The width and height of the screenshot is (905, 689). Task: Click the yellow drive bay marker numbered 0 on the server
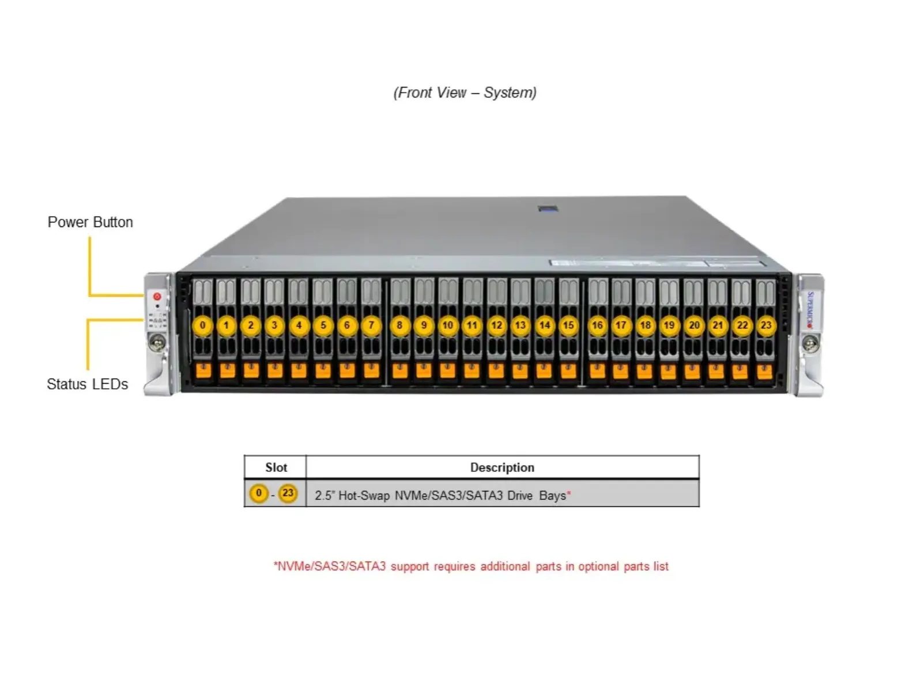202,325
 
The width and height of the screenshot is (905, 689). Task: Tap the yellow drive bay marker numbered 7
371,325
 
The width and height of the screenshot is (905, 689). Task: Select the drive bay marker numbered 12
496,325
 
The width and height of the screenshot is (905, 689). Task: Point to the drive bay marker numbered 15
568,325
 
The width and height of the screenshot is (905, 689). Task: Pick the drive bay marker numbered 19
669,325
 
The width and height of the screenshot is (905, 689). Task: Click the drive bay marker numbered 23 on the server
766,325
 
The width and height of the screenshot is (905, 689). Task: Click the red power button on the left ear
157,296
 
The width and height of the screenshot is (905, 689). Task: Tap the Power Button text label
90,222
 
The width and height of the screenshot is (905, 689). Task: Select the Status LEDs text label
88,384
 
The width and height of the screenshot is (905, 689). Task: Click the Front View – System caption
465,93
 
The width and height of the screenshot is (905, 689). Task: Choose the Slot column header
276,467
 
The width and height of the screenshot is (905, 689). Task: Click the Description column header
502,467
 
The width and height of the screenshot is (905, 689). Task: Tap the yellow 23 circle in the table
288,493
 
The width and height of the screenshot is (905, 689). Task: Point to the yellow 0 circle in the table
258,493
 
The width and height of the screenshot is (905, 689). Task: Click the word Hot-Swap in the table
364,495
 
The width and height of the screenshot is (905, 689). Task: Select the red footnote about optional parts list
471,566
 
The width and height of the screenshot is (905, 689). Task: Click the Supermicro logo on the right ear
810,310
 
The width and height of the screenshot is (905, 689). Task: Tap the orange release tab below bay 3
274,370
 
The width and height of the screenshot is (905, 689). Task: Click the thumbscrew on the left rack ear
157,342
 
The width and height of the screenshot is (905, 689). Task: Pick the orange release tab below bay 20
692,371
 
